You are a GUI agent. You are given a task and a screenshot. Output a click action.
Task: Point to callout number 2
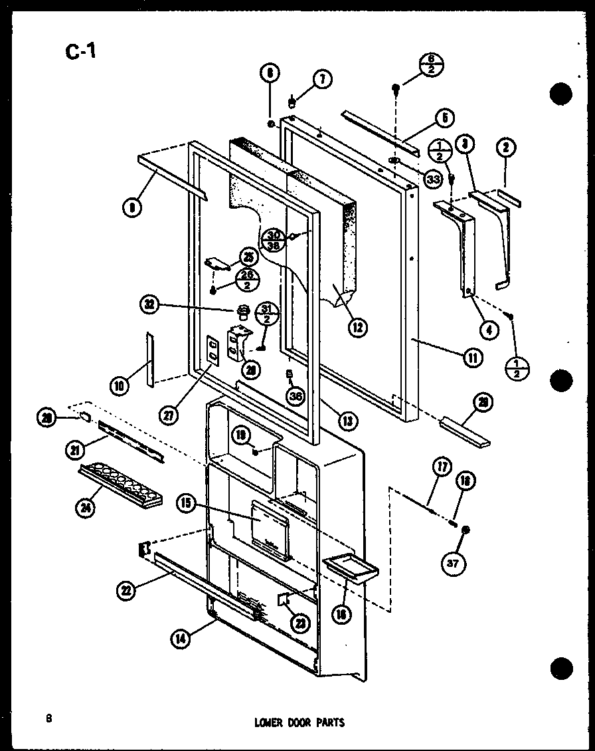tap(509, 147)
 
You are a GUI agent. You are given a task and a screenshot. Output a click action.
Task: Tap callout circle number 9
tap(131, 207)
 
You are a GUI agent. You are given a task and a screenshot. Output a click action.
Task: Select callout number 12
tap(359, 327)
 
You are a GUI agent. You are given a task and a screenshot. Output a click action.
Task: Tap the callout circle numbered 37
tap(453, 564)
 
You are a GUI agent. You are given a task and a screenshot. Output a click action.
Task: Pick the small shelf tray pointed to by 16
tap(350, 567)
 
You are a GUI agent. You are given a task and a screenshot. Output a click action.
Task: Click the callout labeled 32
tap(150, 304)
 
